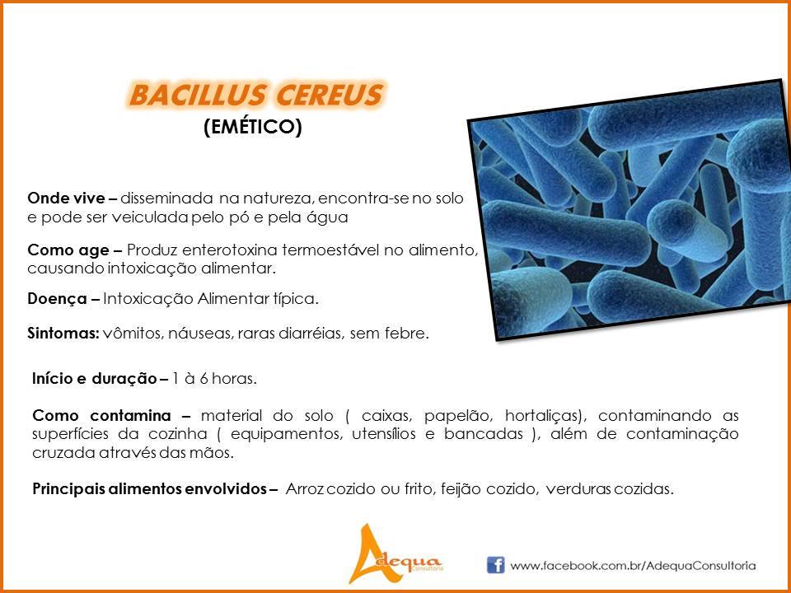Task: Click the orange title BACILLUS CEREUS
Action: coord(255,95)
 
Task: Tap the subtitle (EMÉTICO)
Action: coord(253,127)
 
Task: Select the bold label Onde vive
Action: coord(67,198)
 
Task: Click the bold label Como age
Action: coord(68,250)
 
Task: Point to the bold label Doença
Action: coord(57,299)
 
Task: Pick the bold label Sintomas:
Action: coord(63,334)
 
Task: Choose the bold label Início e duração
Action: coord(94,378)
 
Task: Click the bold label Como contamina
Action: coord(101,415)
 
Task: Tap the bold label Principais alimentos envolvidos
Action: coord(149,488)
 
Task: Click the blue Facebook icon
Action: coord(495,565)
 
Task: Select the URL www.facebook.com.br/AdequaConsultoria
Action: coord(633,566)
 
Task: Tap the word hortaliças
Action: coord(545,416)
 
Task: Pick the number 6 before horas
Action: coord(204,379)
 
